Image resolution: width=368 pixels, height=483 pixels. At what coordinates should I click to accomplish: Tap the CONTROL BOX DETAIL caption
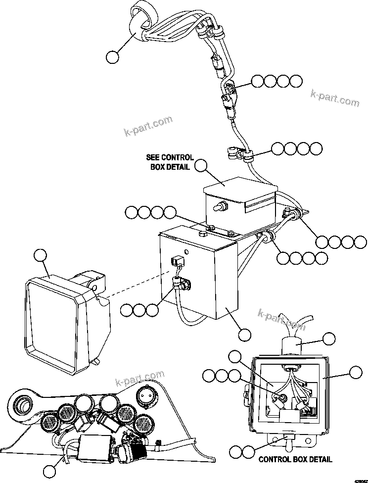pyautogui.click(x=295, y=459)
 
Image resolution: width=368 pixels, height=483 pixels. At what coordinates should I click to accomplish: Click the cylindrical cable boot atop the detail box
pyautogui.click(x=294, y=346)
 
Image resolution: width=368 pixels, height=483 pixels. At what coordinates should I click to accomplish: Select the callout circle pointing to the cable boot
pyautogui.click(x=329, y=339)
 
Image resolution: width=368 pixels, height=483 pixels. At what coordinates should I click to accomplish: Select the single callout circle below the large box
pyautogui.click(x=243, y=335)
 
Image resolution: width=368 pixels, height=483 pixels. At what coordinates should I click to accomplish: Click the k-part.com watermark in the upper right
pyautogui.click(x=335, y=97)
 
